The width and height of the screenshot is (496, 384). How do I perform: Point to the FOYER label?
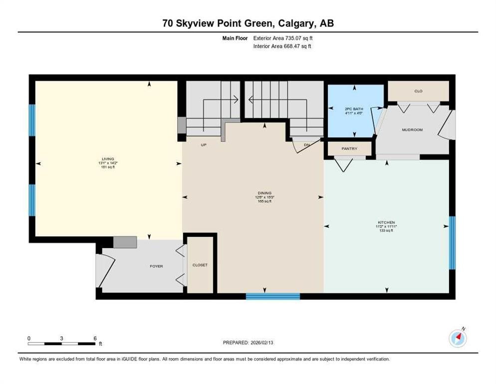(156, 266)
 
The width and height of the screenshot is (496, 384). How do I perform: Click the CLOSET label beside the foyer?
(200, 265)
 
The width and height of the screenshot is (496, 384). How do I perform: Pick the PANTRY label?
(349, 148)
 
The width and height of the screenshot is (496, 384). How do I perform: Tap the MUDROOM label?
(412, 130)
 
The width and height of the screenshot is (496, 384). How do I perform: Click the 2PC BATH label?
(354, 108)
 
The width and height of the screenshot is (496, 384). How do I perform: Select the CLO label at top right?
(418, 91)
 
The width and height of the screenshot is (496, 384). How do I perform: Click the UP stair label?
(204, 145)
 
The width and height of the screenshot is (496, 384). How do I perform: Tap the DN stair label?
(306, 145)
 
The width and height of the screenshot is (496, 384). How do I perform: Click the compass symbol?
(458, 338)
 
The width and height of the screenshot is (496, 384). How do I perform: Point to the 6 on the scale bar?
(95, 338)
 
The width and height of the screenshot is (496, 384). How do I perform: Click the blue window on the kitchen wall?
(452, 242)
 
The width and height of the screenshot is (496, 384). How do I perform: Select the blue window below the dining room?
(273, 296)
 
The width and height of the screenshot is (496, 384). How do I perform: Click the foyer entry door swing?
(106, 270)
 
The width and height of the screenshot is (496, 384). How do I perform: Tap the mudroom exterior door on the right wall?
(449, 124)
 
